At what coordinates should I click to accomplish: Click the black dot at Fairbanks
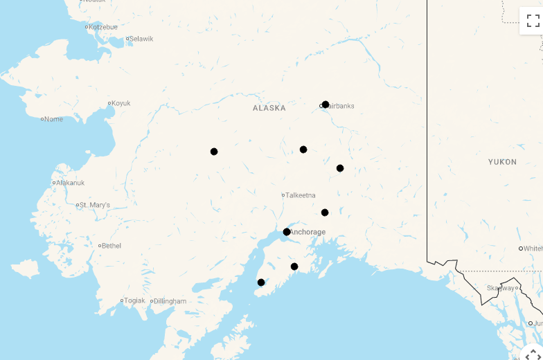point(326,105)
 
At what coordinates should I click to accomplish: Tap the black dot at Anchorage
point(287,232)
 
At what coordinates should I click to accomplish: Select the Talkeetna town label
point(301,195)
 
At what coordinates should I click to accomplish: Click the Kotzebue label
point(103,27)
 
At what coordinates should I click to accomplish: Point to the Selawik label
point(141,39)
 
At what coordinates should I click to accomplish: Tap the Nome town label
point(53,119)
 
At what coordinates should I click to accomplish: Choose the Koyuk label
point(121,103)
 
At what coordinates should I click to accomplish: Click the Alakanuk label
point(70,183)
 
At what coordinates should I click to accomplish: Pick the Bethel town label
point(112,246)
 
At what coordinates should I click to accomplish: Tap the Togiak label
point(135,300)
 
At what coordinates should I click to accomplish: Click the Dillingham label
point(170,301)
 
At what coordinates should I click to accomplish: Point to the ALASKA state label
point(269,108)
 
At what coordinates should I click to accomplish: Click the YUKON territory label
point(502,162)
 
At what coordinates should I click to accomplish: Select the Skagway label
point(500,288)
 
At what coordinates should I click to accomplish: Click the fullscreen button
point(533,21)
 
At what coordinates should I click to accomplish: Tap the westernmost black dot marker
point(214,152)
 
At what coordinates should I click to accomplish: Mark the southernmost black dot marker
point(261,282)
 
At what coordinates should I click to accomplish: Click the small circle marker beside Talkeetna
point(283,195)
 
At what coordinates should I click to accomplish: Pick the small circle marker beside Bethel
point(100,246)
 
